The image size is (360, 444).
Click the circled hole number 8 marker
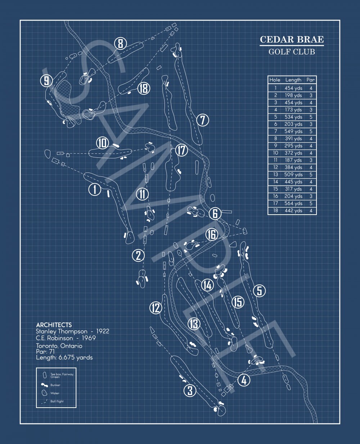tap(120, 44)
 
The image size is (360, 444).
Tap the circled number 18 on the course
tap(144, 88)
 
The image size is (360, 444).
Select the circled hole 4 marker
tap(244, 380)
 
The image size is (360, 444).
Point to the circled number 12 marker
tap(156, 308)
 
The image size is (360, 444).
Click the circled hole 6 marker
tap(215, 213)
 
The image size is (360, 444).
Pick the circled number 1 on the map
tap(95, 189)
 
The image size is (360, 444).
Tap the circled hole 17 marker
tap(182, 150)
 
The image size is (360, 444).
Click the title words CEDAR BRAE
tap(292, 39)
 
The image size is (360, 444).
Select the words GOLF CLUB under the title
tap(292, 51)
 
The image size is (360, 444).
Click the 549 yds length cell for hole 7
tap(293, 131)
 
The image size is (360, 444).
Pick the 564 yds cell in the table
tap(293, 203)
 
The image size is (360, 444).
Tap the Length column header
tap(293, 80)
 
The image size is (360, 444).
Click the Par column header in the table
tap(310, 80)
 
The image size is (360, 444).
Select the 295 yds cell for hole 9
tap(293, 146)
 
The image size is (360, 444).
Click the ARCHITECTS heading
tap(54, 325)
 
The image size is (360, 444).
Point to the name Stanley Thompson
tap(62, 331)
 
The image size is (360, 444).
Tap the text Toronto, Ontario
tap(59, 346)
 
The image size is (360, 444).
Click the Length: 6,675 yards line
tap(64, 357)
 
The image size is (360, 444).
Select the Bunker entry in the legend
tap(55, 385)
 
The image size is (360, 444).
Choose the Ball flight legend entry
tap(57, 401)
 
